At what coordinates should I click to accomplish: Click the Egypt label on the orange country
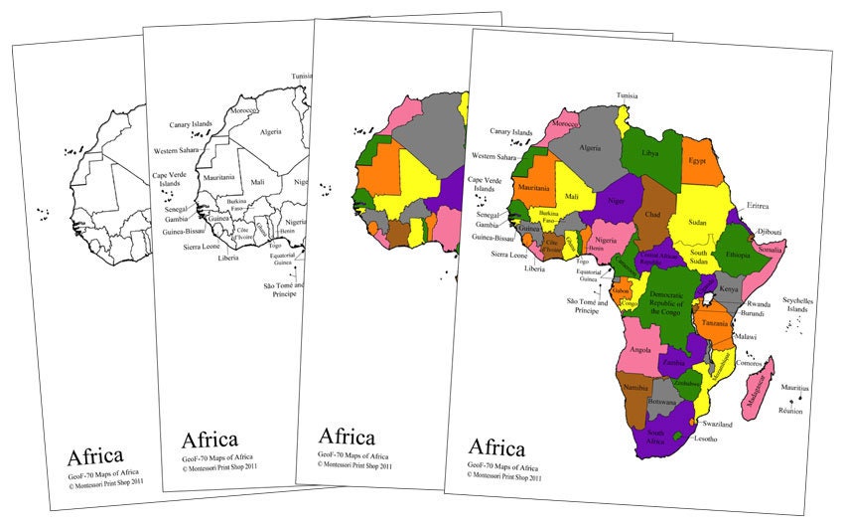tap(697, 160)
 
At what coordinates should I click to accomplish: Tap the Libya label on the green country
tap(650, 154)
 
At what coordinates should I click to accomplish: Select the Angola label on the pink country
tap(640, 349)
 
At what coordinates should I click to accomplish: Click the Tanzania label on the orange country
tap(717, 323)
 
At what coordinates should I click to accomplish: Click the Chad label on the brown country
tap(652, 214)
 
